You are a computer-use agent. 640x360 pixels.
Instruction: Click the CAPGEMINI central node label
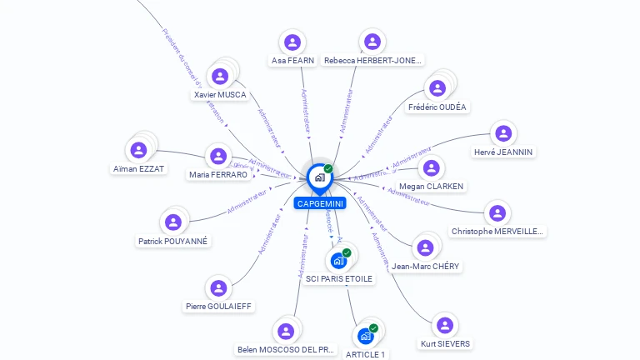click(319, 203)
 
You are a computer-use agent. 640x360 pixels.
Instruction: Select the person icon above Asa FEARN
click(292, 42)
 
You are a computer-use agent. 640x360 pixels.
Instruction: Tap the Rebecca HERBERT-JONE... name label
click(372, 61)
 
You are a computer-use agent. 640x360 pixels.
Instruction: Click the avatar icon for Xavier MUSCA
click(220, 77)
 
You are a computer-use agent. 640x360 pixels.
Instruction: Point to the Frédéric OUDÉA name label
click(437, 107)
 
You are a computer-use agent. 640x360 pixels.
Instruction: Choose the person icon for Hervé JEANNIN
click(502, 133)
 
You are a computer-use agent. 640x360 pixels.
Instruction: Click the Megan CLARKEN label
click(432, 187)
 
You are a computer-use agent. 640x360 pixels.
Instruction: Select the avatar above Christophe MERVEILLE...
click(497, 213)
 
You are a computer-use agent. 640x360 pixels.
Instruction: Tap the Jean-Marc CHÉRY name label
click(425, 267)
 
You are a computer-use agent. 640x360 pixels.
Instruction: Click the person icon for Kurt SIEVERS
click(444, 325)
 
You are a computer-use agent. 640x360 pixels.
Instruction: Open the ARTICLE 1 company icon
click(365, 336)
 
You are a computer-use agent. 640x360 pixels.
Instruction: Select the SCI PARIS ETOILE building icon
click(338, 260)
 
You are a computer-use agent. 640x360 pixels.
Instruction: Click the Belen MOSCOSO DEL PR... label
click(286, 350)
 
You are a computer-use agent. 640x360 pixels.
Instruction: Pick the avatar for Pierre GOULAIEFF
click(218, 288)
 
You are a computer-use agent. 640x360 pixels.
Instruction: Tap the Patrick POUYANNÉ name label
click(173, 242)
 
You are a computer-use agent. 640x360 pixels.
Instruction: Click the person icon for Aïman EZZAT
click(138, 150)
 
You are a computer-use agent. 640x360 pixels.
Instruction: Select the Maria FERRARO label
click(218, 175)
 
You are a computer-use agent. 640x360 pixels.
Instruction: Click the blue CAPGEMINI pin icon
click(319, 177)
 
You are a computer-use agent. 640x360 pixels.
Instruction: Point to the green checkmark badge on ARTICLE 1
click(374, 328)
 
